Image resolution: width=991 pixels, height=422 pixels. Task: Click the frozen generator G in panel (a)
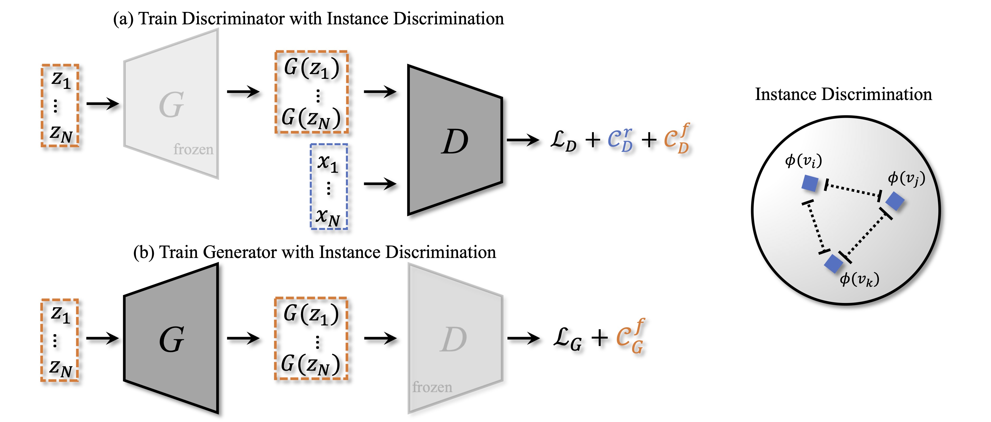(x=171, y=105)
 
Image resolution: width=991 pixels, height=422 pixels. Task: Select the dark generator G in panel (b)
(x=171, y=339)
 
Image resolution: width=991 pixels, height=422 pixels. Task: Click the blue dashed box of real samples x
(x=329, y=187)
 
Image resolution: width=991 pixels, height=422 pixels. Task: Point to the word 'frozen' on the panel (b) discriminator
(x=432, y=387)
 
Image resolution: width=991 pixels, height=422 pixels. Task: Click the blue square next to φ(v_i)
(x=810, y=183)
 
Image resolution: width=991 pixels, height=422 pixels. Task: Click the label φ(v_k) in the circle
(x=859, y=279)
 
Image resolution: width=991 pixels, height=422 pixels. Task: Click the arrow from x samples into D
(x=380, y=184)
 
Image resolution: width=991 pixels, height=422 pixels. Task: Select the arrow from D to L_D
(x=522, y=140)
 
